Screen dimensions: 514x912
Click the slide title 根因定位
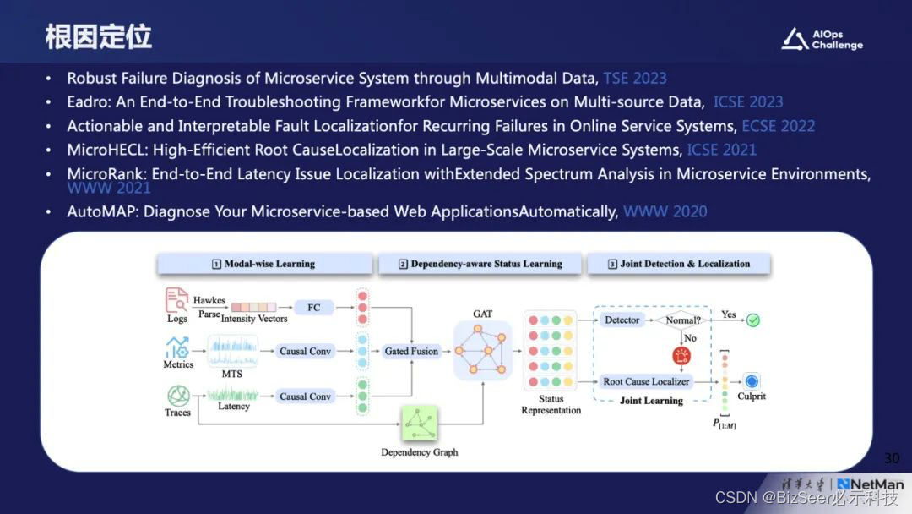(99, 36)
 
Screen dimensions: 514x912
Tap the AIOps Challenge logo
(822, 40)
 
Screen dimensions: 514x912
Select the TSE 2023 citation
(634, 79)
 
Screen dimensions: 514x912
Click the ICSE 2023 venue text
(748, 102)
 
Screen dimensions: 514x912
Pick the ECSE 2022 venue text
(778, 126)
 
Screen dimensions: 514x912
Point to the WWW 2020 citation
(665, 211)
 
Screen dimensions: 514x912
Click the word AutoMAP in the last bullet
(101, 211)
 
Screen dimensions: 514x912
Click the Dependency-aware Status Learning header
(480, 264)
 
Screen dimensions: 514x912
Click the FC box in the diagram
(313, 308)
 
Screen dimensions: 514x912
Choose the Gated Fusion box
(411, 351)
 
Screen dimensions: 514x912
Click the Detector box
(622, 320)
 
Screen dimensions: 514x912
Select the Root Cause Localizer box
(646, 381)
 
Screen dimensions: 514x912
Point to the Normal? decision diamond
(682, 320)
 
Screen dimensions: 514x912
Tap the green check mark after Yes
(752, 320)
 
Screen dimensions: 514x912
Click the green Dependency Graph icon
(420, 424)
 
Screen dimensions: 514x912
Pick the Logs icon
(177, 301)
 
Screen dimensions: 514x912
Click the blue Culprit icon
(752, 381)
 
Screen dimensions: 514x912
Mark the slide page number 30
(892, 458)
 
